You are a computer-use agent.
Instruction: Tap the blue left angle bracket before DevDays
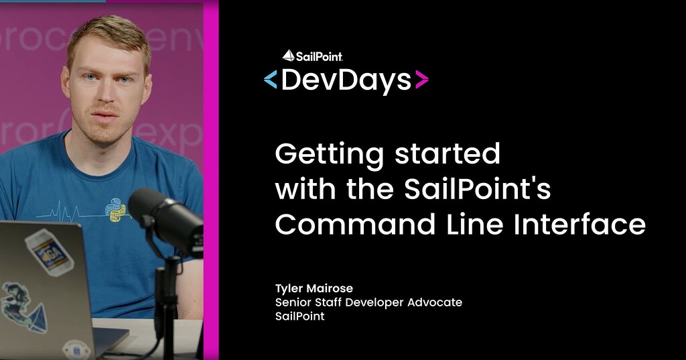click(x=271, y=80)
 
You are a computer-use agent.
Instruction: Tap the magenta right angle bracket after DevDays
click(x=421, y=80)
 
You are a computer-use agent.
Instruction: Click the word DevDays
click(x=346, y=80)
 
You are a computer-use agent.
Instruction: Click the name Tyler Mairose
click(x=315, y=288)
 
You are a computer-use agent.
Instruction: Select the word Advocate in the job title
click(x=435, y=302)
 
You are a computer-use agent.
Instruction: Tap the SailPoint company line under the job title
click(x=299, y=316)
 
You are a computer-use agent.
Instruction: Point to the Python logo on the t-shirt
click(x=117, y=210)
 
